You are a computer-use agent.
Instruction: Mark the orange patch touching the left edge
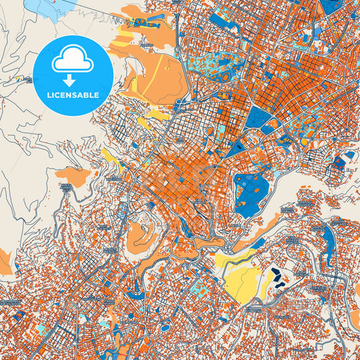coord(4,260)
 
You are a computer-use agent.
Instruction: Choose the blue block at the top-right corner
coord(331,7)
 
